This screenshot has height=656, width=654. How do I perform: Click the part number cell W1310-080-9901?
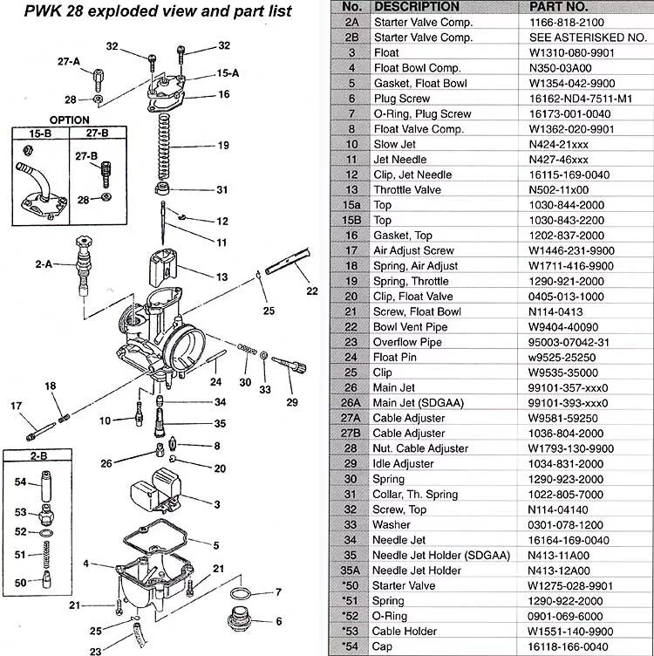coord(571,52)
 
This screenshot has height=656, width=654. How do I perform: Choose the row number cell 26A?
coord(351,403)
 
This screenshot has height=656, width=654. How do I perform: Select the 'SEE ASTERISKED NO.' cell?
coord(585,38)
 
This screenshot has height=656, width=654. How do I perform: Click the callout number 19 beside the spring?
coord(223,146)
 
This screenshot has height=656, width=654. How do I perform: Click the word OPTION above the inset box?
coord(69,120)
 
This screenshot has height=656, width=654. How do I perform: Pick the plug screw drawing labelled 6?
coord(241,621)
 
